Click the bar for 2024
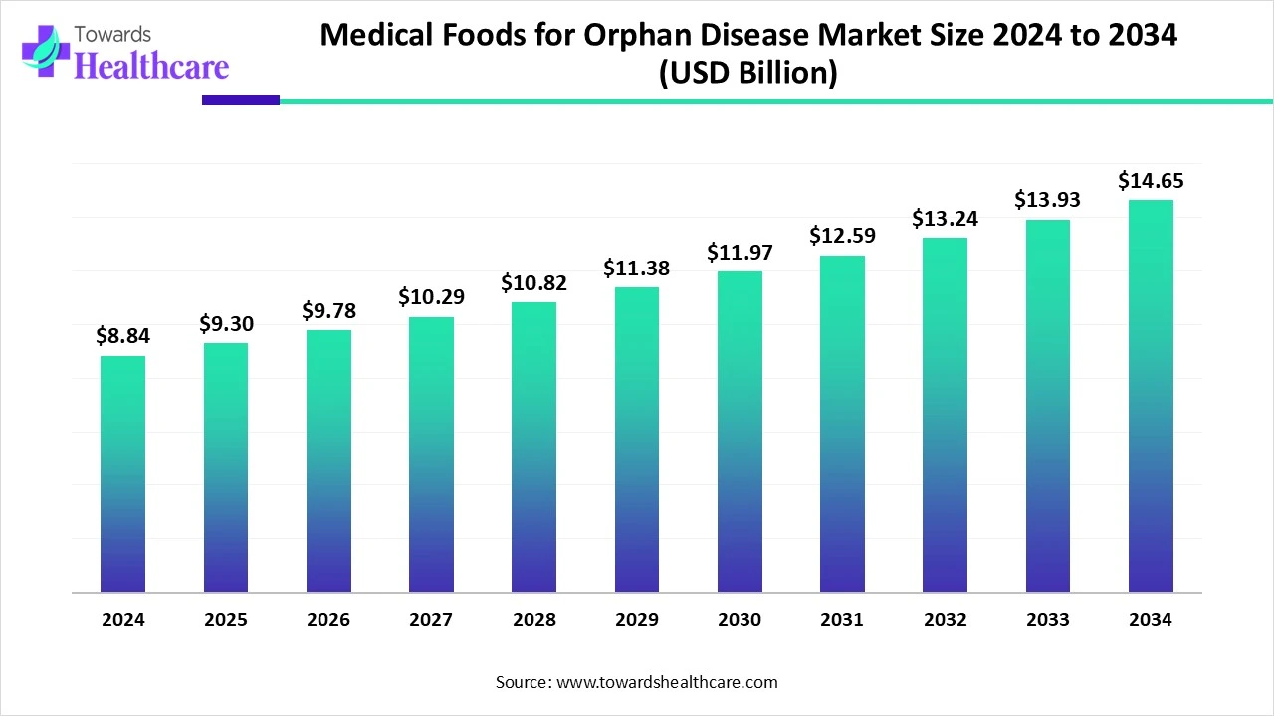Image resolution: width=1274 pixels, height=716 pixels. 122,473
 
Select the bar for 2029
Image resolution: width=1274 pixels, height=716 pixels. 637,440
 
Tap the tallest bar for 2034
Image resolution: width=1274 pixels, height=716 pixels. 1151,396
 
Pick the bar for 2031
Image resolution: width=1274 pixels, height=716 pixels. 842,424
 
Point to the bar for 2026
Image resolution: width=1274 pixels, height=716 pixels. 328,460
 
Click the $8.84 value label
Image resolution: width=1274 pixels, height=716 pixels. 122,336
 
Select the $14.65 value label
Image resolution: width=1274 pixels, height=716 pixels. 1151,180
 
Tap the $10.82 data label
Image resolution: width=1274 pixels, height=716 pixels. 534,282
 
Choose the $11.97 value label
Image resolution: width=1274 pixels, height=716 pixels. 740,252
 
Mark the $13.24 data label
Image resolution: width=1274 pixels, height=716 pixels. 945,218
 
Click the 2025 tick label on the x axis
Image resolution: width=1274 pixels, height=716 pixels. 226,619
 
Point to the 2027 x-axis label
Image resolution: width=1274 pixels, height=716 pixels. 431,619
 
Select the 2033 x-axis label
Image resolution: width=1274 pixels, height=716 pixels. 1048,619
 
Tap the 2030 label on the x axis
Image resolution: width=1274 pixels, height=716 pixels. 740,619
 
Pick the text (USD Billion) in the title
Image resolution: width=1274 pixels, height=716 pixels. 748,74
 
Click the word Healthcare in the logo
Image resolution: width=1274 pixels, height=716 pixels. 151,66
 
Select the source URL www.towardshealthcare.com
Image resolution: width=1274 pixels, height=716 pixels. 665,682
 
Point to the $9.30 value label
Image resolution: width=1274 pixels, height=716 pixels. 226,323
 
